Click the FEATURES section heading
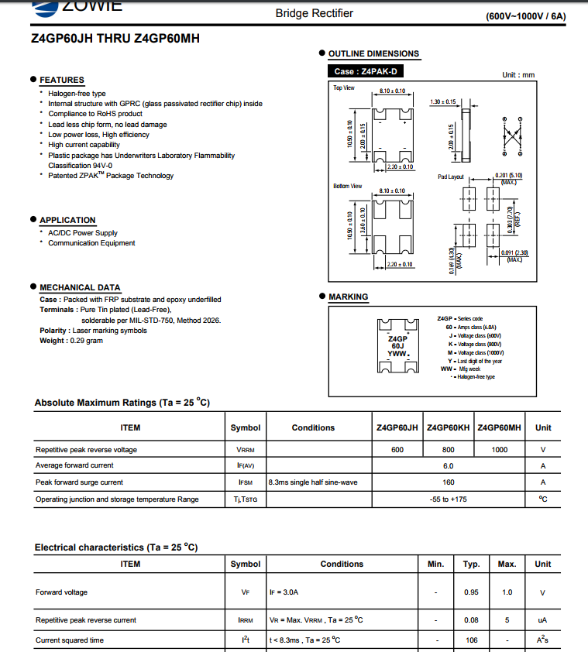click(62, 80)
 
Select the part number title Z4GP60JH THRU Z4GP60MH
click(115, 38)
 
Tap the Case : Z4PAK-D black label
click(366, 71)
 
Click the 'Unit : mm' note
click(518, 75)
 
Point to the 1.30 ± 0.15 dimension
click(443, 101)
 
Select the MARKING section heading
click(349, 297)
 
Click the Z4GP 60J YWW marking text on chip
click(397, 345)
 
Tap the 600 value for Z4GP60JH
click(397, 449)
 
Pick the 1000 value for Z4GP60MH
click(500, 449)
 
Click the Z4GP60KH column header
click(449, 427)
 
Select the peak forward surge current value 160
click(448, 482)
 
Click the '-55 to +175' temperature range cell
click(448, 499)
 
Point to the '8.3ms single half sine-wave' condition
click(313, 482)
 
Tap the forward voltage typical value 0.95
click(471, 592)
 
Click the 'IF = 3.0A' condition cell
click(284, 592)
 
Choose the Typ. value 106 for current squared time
click(471, 640)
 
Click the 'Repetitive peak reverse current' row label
click(85, 620)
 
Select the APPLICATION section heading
click(67, 220)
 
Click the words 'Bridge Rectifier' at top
click(315, 13)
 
